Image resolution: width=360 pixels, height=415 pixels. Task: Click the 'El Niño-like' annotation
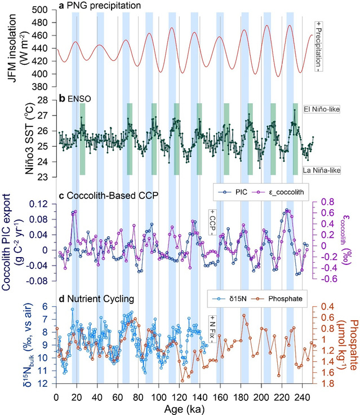(x=325, y=109)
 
